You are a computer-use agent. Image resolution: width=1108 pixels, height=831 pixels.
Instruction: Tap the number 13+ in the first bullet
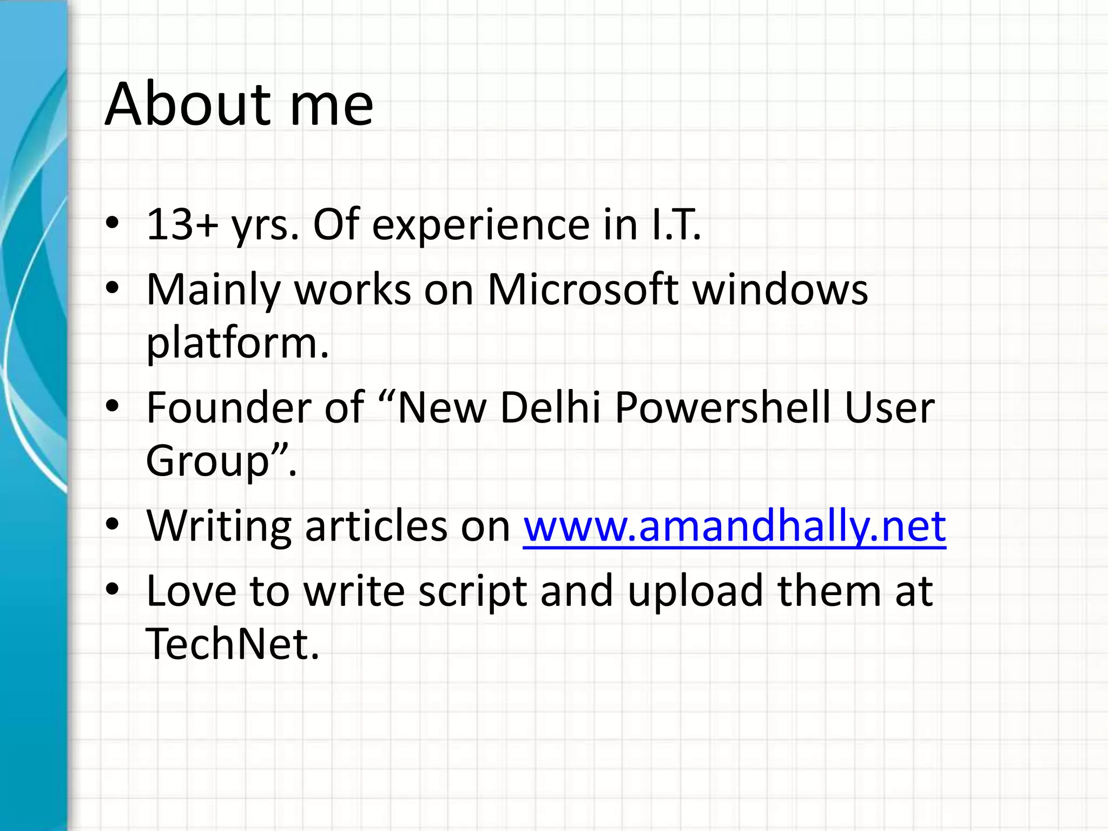(x=182, y=224)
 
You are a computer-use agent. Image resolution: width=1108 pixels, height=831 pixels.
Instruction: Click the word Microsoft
(x=583, y=289)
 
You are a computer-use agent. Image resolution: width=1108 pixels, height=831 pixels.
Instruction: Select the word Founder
(x=228, y=407)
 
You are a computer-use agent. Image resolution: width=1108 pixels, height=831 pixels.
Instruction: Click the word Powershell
(x=723, y=407)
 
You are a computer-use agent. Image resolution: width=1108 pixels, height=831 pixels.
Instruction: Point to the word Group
(x=208, y=461)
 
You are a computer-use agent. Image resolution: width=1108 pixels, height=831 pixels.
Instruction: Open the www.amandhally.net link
(x=734, y=526)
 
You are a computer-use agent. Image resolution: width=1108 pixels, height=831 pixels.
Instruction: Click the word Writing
(x=219, y=526)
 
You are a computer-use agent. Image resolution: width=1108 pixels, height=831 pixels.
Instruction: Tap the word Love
(x=191, y=591)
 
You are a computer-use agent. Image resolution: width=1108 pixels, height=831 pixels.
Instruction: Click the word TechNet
(x=232, y=644)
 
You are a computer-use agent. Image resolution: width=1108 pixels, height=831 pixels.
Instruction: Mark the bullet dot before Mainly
(x=112, y=287)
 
